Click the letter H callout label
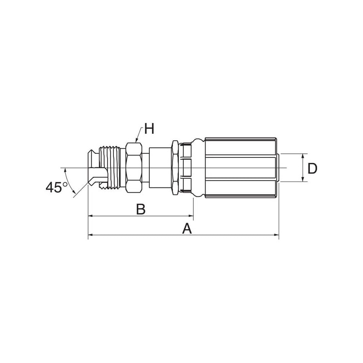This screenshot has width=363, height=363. (149, 128)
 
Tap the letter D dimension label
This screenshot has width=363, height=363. (312, 168)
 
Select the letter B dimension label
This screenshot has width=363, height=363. (141, 209)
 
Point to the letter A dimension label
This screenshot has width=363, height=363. (187, 229)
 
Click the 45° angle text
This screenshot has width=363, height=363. (56, 187)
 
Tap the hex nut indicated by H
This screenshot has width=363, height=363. (134, 167)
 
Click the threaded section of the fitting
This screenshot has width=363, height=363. (109, 167)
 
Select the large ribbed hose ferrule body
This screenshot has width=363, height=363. (241, 167)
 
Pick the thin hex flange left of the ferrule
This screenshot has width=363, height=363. (175, 167)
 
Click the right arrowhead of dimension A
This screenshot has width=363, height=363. (276, 235)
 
